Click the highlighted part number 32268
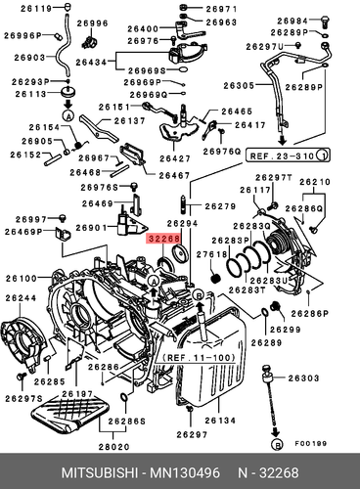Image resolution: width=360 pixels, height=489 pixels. tap(163, 238)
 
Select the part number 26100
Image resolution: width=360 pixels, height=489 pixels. tap(22, 278)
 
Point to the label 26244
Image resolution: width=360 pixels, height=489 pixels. tap(22, 298)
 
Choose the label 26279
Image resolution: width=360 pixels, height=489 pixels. tap(220, 206)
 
